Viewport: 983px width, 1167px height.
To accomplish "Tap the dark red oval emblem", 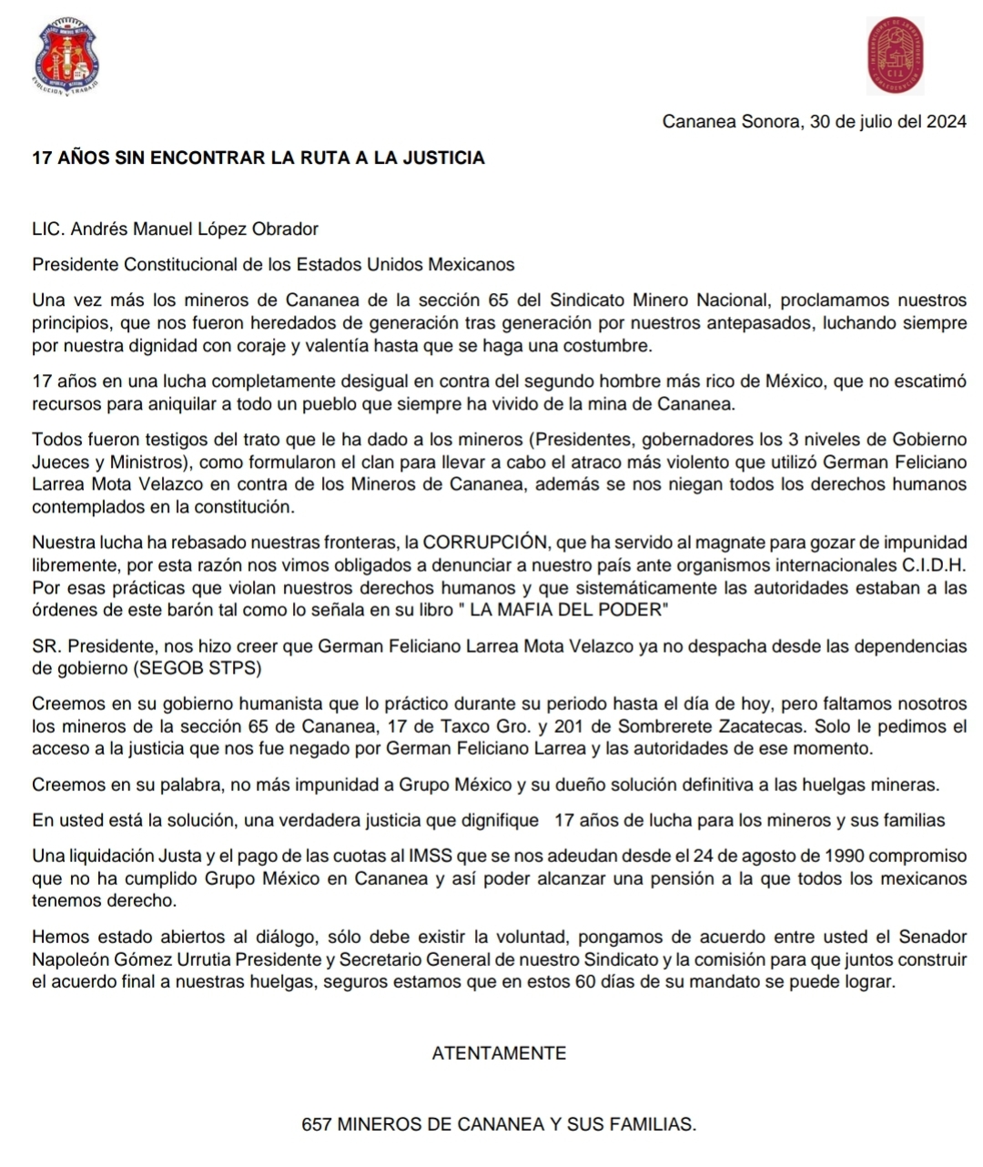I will (x=896, y=56).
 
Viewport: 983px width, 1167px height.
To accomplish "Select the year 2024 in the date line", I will (x=946, y=122).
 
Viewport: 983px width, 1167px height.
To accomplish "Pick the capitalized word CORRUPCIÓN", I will (x=485, y=543).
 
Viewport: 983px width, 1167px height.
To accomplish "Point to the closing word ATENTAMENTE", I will (x=499, y=1053).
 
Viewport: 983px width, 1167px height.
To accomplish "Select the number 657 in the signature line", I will (x=317, y=1124).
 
